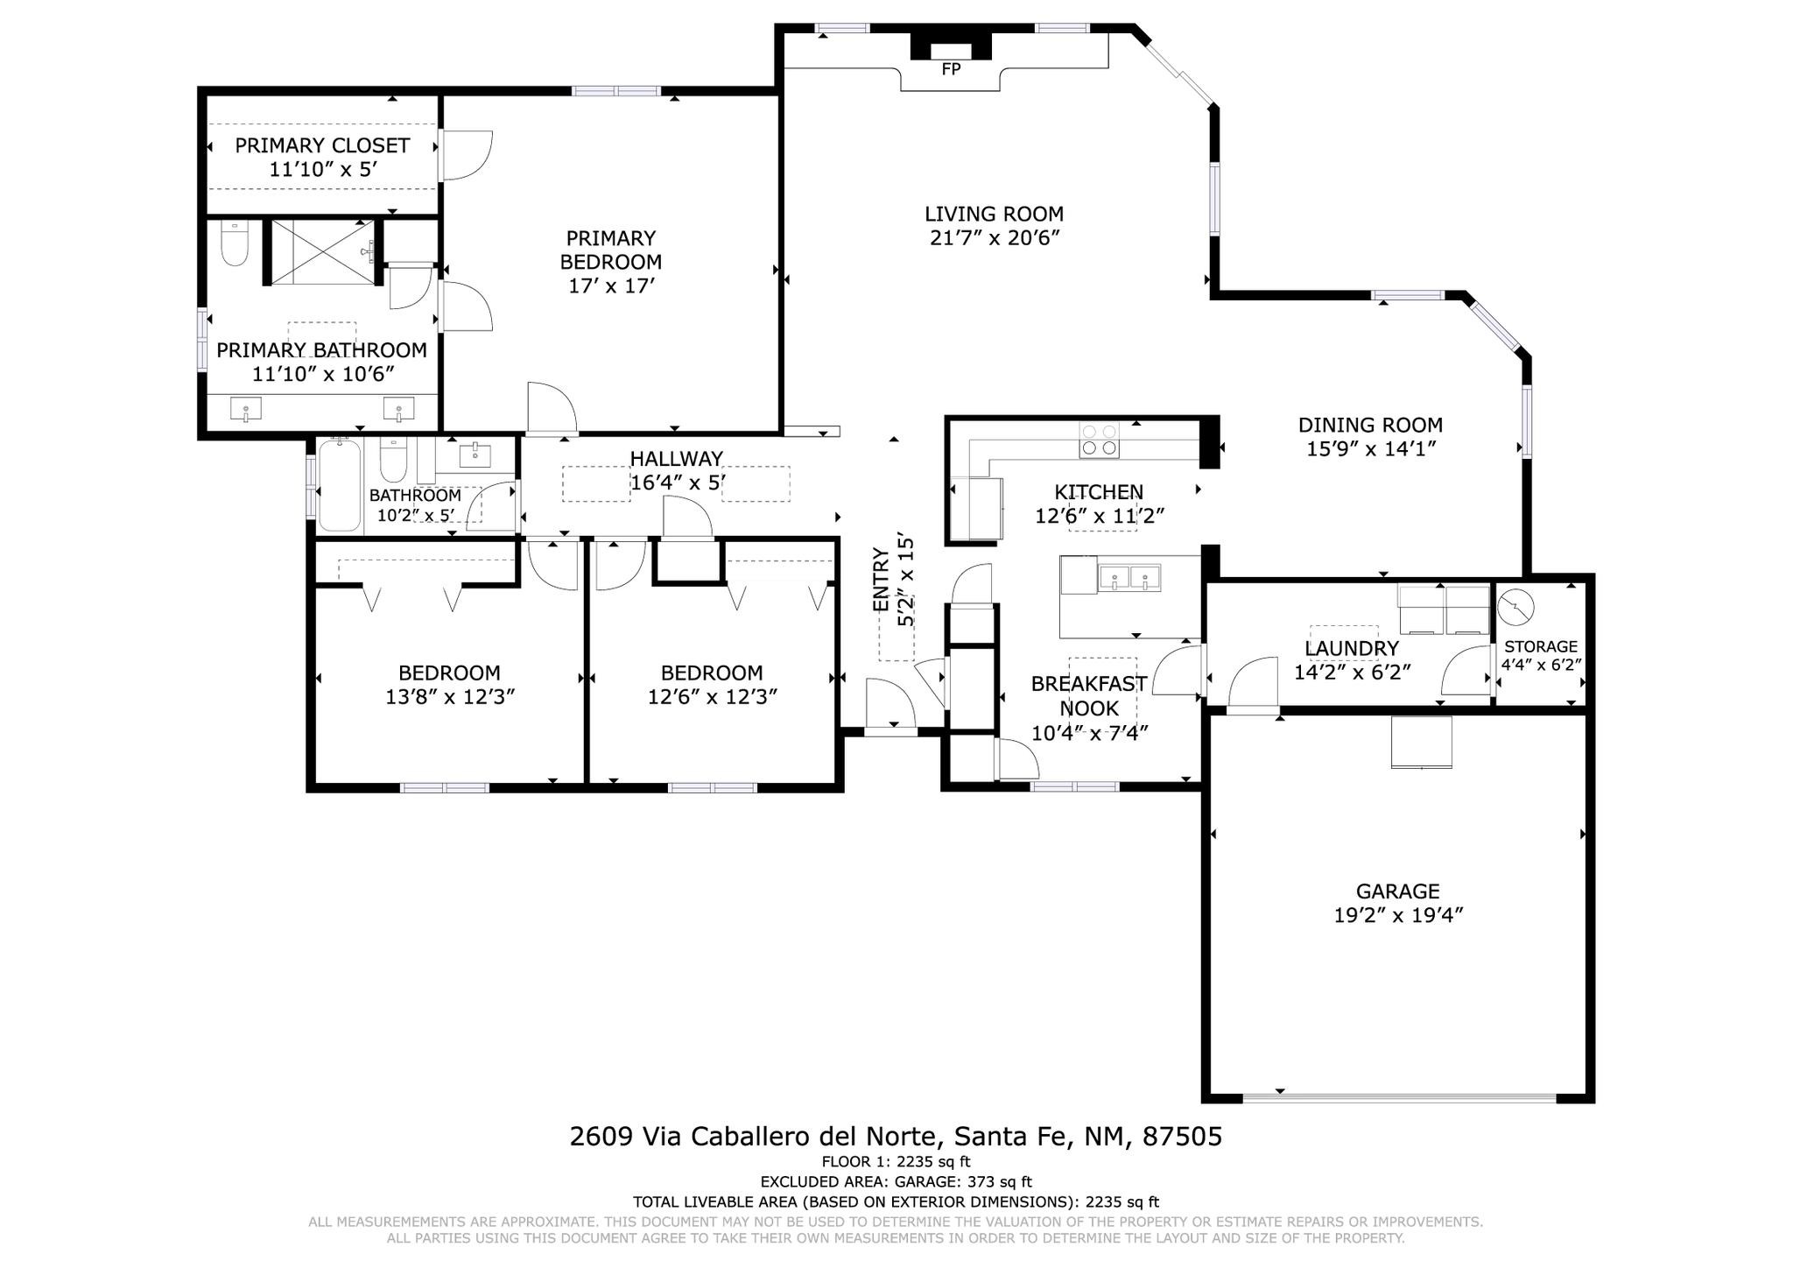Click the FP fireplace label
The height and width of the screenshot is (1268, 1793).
[951, 68]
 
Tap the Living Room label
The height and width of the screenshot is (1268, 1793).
[995, 214]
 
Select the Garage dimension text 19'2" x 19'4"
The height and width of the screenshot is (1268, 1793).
[1398, 915]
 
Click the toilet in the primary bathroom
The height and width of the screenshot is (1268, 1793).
[235, 242]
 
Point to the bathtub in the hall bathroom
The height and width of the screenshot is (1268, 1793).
[340, 485]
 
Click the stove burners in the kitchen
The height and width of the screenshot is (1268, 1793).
[1099, 440]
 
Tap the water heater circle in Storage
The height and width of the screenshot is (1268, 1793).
[1515, 607]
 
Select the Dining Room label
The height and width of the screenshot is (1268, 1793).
[1370, 426]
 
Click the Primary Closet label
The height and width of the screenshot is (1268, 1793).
[322, 145]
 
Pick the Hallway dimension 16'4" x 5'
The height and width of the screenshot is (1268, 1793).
[678, 482]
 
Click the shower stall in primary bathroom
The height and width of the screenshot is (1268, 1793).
[323, 251]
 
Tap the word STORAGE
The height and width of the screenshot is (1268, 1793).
[1541, 646]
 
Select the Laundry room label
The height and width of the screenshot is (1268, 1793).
[1352, 648]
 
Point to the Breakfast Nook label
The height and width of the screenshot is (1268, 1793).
[1089, 696]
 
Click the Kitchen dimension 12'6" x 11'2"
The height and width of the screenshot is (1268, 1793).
[1100, 516]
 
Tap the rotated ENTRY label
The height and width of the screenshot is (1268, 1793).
[881, 580]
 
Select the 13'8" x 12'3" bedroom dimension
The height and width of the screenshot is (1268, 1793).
[450, 697]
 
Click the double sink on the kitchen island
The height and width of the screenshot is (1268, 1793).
[1129, 578]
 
